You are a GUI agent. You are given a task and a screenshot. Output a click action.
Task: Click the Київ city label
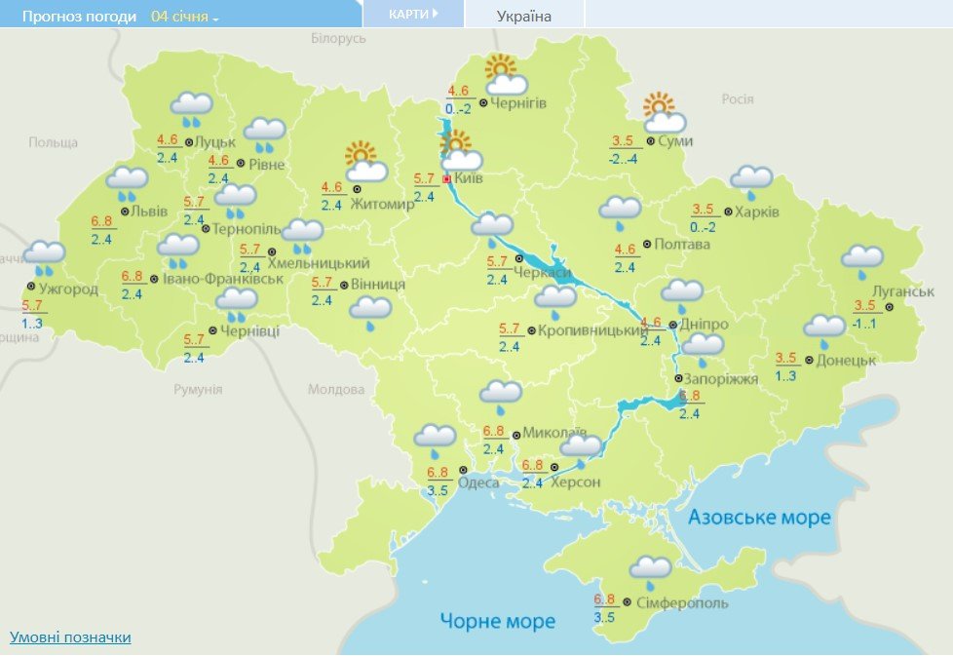(x=469, y=179)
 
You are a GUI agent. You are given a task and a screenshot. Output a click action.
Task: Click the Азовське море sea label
(x=759, y=517)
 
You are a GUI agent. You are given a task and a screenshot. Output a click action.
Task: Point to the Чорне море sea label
(x=497, y=621)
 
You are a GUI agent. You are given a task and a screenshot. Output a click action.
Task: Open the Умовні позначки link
(x=70, y=637)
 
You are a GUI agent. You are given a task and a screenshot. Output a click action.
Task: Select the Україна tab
(x=524, y=16)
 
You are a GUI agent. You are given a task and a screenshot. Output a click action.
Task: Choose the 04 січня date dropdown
(x=185, y=17)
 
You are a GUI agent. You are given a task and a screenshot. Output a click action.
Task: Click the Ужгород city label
(x=68, y=289)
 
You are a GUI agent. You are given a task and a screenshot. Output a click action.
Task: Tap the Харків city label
(x=759, y=212)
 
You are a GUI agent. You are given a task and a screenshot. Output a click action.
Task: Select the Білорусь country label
(x=338, y=38)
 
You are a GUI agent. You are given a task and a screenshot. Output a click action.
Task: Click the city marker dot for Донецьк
(x=808, y=360)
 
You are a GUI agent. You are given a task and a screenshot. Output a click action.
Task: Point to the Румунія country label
(x=198, y=389)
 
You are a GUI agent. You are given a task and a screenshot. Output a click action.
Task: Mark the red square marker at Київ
(x=447, y=179)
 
